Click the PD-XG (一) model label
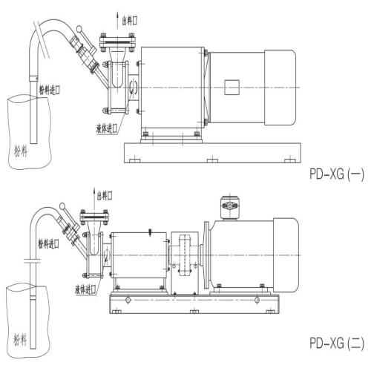click(x=337, y=174)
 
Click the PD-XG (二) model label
click(x=337, y=344)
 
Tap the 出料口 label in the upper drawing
click(x=130, y=20)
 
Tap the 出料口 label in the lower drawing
click(x=105, y=195)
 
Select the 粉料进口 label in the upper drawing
click(x=50, y=90)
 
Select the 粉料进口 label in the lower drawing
click(x=48, y=244)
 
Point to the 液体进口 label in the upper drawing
click(x=107, y=128)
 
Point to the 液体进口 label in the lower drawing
click(x=85, y=289)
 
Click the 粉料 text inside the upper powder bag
click(x=21, y=151)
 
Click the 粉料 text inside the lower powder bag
click(x=20, y=339)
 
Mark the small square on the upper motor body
click(x=232, y=88)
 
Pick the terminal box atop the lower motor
click(x=230, y=208)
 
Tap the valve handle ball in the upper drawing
click(x=79, y=29)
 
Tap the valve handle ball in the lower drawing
click(x=62, y=206)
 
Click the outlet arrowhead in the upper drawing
click(x=117, y=15)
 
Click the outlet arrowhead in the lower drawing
click(x=94, y=191)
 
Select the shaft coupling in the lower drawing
click(x=185, y=255)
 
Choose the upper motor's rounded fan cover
click(x=280, y=88)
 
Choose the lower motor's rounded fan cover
click(x=286, y=255)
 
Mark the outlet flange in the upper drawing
click(x=117, y=42)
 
